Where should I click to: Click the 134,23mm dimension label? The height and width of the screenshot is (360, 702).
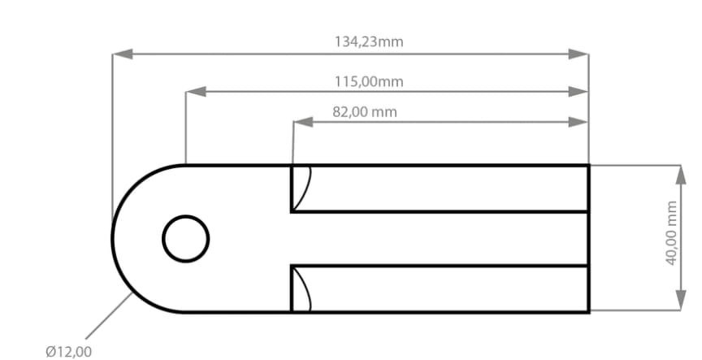(368, 41)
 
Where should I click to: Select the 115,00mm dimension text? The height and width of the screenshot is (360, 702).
(368, 81)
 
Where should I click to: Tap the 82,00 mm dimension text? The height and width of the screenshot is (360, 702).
(365, 111)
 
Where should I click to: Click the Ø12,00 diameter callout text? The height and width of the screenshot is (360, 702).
(69, 351)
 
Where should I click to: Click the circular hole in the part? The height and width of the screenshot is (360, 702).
(186, 239)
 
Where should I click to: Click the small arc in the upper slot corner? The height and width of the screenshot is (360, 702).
(303, 187)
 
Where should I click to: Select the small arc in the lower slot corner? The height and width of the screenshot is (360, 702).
(303, 288)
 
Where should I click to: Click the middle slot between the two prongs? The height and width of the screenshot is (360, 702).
(439, 239)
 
